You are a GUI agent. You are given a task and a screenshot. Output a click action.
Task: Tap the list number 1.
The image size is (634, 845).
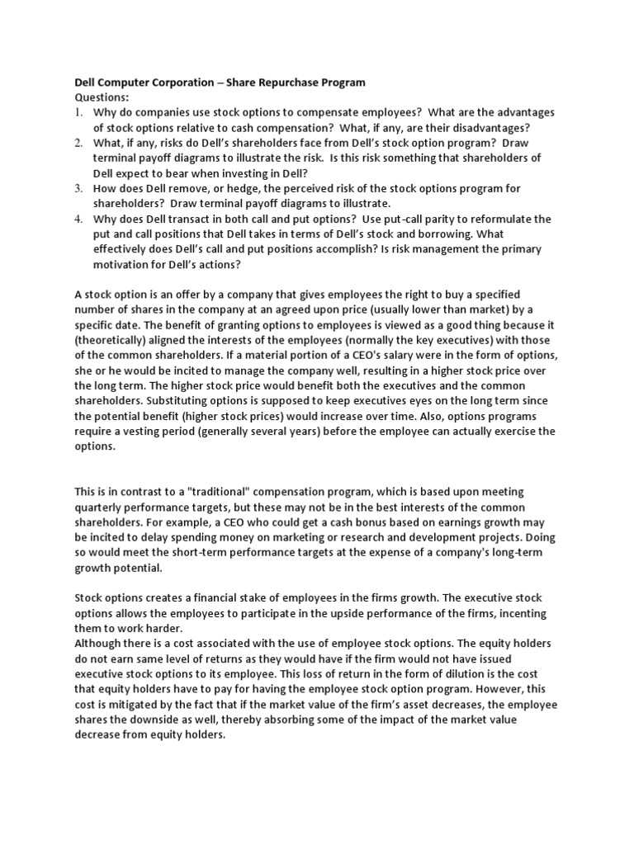80,112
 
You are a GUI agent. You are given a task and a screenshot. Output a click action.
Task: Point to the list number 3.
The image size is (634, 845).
80,188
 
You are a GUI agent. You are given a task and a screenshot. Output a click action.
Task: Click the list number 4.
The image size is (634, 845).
80,219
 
